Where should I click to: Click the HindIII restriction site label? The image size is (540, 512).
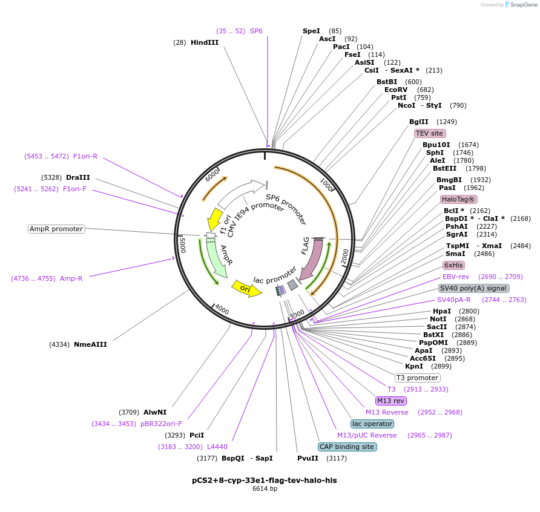point(204,42)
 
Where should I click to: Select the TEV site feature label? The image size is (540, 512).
point(430,133)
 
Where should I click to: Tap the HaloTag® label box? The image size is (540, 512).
point(458,199)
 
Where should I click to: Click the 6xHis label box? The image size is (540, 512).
point(453,265)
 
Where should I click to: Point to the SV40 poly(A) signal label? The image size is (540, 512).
point(473,288)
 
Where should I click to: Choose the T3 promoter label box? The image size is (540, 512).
point(418,378)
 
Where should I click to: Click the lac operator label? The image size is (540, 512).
point(372,424)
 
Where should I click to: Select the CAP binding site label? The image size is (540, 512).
point(347,447)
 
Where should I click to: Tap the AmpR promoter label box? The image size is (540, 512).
point(56,229)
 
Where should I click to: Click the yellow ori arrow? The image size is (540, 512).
point(247,288)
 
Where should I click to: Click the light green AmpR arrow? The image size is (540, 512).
point(216,257)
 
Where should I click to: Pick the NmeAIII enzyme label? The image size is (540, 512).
point(90,344)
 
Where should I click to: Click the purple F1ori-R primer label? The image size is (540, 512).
point(85,156)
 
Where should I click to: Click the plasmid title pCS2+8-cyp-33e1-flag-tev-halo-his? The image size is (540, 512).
point(264,480)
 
